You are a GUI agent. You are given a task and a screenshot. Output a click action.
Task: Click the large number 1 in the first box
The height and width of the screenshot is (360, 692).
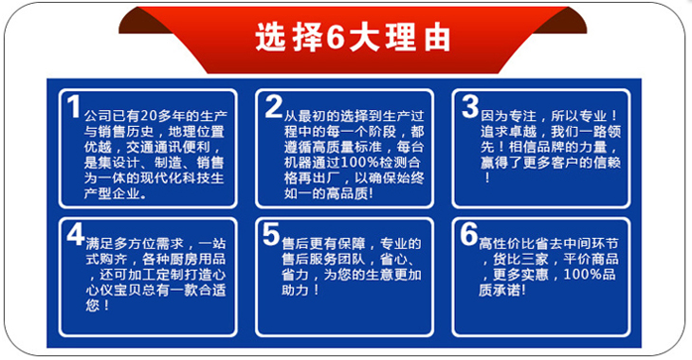coord(74,107)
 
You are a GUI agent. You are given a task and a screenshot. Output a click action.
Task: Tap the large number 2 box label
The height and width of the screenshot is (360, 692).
coord(274,107)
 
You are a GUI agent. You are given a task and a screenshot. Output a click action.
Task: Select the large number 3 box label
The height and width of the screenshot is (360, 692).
coord(470,107)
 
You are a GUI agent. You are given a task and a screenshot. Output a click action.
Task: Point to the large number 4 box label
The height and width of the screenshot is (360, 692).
coord(76,234)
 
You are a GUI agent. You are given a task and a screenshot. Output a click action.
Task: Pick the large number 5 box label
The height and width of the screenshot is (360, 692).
coord(271,234)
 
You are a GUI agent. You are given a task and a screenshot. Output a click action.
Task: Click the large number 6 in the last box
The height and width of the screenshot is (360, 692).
coord(469,234)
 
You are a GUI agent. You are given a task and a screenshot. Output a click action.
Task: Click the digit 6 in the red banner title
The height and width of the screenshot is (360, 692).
coord(337,38)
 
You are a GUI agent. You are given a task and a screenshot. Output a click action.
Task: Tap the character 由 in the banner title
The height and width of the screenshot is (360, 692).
coord(437,38)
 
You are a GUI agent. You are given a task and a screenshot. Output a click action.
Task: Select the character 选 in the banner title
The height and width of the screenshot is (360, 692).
coord(269,38)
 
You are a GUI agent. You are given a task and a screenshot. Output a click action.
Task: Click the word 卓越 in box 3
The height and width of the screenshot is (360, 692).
coord(522,132)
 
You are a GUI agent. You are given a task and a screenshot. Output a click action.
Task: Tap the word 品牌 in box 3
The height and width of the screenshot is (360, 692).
coord(551,147)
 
